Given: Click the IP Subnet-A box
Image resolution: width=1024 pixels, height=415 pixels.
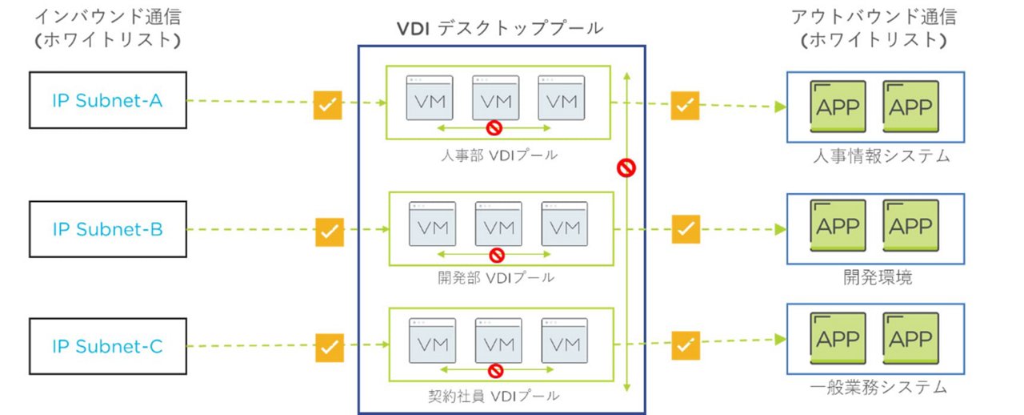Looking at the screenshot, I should (107, 100).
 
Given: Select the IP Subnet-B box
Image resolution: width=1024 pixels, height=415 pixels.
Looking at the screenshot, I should (107, 229).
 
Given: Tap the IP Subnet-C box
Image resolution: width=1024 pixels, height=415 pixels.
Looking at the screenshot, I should (107, 346).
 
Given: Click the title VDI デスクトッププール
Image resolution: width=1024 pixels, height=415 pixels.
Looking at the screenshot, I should (500, 28).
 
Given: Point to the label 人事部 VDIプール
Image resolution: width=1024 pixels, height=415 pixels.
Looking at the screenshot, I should (499, 155).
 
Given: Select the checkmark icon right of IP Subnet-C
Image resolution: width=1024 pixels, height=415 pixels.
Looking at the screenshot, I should (328, 347).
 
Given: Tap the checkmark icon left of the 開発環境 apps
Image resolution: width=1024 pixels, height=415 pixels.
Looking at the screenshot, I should (685, 229).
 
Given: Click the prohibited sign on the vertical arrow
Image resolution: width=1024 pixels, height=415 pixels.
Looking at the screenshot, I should (626, 167).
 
